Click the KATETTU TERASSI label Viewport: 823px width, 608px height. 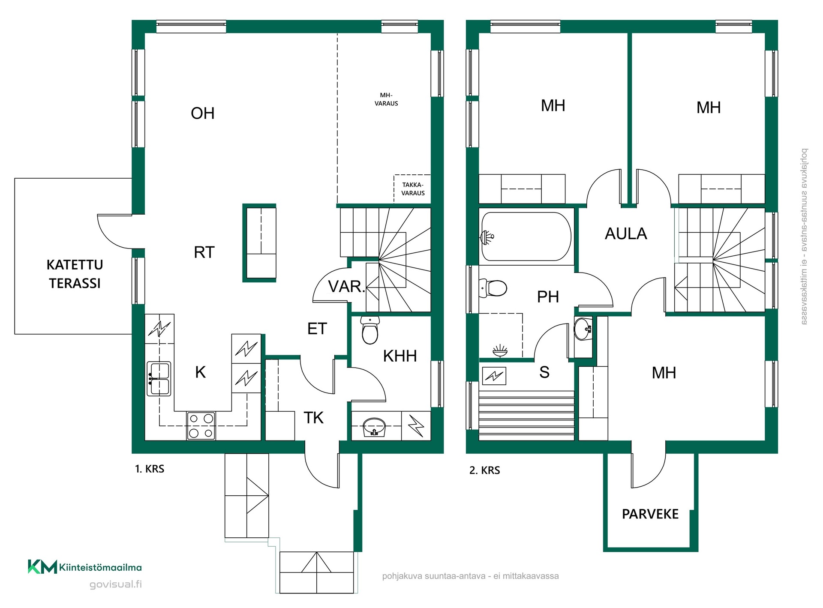(75, 274)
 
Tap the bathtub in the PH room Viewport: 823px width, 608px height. (526, 237)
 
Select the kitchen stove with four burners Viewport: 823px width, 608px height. (201, 426)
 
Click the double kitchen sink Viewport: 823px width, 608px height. (159, 379)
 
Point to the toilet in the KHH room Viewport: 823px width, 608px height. (370, 330)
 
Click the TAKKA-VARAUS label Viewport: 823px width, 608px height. (413, 189)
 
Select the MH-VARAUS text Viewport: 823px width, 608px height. (386, 99)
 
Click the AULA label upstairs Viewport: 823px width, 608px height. (626, 234)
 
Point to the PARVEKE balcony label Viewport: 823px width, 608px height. (650, 514)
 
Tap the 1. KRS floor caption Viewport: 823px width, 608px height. (150, 469)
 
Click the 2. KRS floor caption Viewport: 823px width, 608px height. (485, 470)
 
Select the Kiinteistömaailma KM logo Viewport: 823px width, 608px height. (85, 567)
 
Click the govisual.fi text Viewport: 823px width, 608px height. (116, 584)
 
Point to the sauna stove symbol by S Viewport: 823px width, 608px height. (494, 376)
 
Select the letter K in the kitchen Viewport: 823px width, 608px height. (200, 372)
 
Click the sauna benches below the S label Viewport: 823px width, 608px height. (526, 415)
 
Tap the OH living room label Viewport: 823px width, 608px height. (203, 113)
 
